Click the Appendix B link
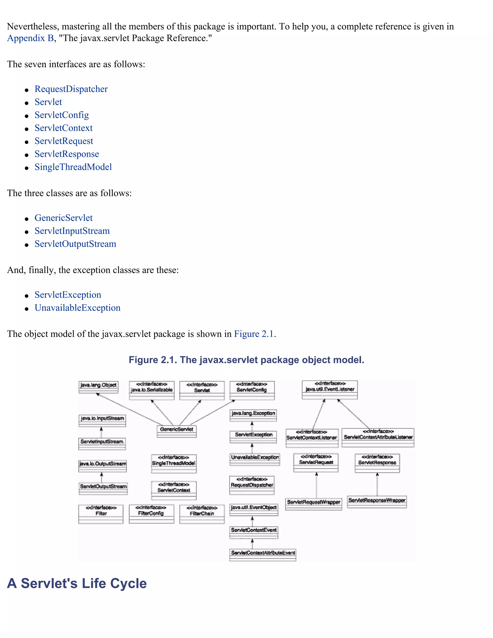(30, 38)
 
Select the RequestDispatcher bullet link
(71, 89)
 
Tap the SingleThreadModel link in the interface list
(73, 167)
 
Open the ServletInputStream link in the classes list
(72, 231)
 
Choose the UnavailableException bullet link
(78, 308)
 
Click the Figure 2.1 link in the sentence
(253, 334)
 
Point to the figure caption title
(246, 360)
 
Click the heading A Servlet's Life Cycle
(77, 583)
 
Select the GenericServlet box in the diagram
(176, 431)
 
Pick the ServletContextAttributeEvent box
(263, 554)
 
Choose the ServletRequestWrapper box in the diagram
(313, 504)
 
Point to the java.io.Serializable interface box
(152, 390)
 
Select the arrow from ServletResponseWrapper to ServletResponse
(377, 484)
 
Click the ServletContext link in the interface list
(63, 128)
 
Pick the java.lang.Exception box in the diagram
(253, 415)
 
